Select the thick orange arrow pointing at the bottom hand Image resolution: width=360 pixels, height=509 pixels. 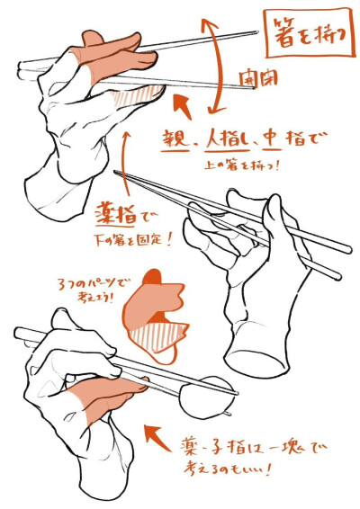(163, 442)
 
